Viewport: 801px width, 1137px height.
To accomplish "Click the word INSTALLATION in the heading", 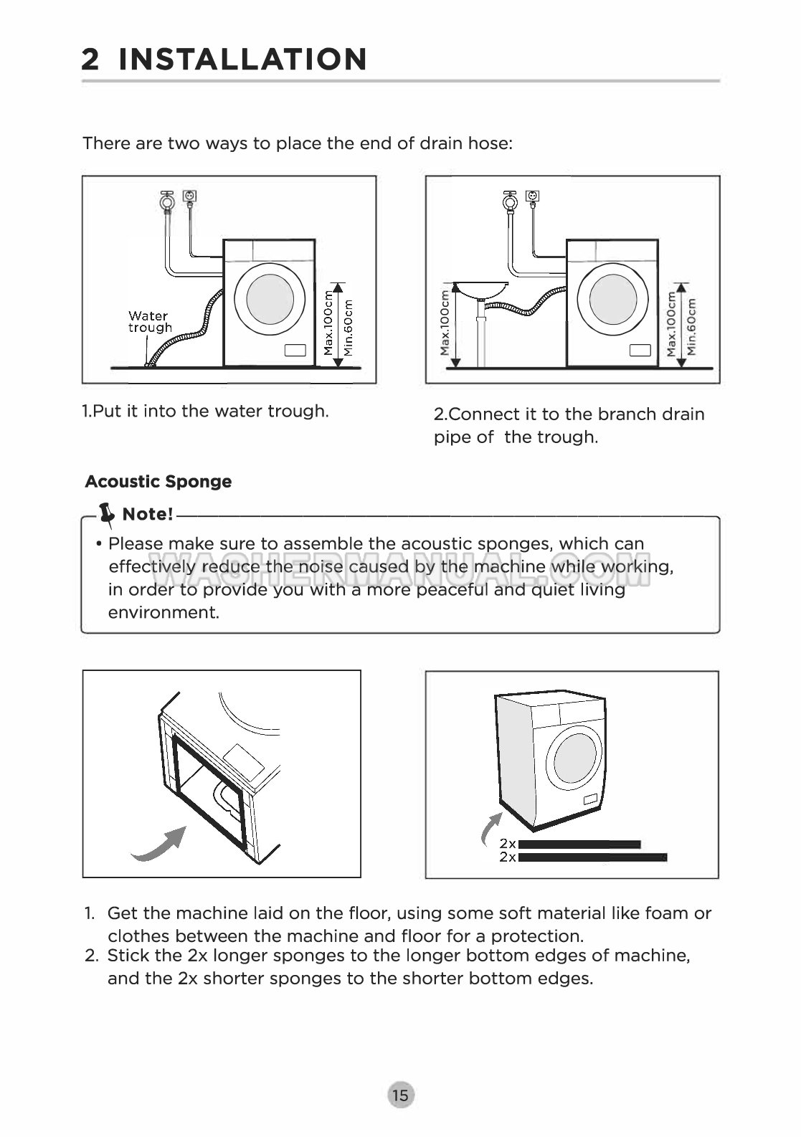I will click(243, 59).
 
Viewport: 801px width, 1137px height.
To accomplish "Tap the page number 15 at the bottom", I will click(400, 1095).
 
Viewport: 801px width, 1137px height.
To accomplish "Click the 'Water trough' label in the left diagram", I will click(150, 322).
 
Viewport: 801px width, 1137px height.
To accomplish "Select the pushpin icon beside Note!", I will click(108, 513).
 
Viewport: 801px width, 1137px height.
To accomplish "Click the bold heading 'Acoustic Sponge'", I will click(158, 482).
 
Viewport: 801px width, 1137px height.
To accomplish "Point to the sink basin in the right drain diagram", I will click(481, 289).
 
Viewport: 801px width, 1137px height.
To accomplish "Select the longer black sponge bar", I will click(592, 857).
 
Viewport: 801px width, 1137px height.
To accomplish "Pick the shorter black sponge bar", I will click(579, 845).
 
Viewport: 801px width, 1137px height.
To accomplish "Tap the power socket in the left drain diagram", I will click(190, 196).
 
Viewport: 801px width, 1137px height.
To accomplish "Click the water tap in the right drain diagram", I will click(510, 200).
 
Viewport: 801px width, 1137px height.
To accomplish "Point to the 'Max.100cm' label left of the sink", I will click(445, 323).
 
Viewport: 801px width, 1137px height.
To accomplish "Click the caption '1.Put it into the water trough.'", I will click(205, 411).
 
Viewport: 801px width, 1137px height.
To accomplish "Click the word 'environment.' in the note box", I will click(163, 613).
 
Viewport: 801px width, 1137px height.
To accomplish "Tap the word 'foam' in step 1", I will click(667, 913).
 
